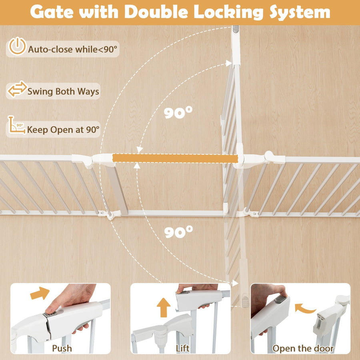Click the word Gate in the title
pos(52,12)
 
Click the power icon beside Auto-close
pos(18,46)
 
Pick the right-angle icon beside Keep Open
pos(16,125)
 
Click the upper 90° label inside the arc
pos(178,112)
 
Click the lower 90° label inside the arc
pos(178,232)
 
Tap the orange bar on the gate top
pos(175,158)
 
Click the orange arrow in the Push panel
pos(40,293)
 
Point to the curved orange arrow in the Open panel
pos(305,309)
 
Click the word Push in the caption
pos(62,348)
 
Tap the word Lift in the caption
pos(182,348)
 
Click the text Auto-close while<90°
pos(72,49)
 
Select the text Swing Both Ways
pos(63,91)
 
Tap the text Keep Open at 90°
pos(63,130)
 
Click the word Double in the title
pos(156,12)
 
